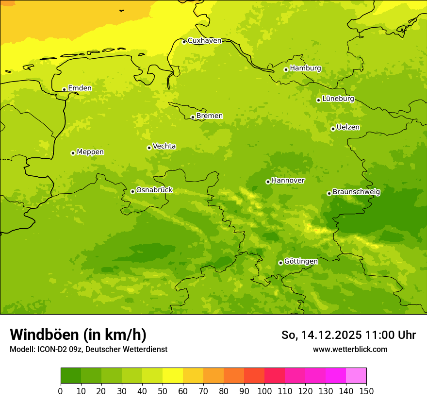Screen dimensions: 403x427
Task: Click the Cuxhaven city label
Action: click(204, 41)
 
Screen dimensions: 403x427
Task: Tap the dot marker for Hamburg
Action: click(286, 69)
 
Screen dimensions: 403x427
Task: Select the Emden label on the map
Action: click(80, 88)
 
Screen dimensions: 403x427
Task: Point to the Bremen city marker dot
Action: click(193, 117)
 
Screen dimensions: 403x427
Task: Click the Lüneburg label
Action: click(338, 99)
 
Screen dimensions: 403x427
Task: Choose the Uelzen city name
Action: click(348, 128)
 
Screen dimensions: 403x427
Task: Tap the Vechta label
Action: click(164, 146)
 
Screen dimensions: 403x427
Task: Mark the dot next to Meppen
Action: click(73, 153)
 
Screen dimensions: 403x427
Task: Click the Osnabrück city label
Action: click(154, 190)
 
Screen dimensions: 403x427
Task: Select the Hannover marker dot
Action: click(268, 182)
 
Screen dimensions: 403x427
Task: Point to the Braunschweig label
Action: click(356, 192)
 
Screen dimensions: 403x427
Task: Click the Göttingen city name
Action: click(301, 262)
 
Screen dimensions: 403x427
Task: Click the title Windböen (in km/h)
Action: click(78, 335)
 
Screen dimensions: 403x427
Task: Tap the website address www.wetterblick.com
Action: click(350, 349)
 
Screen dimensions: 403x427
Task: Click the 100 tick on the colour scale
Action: click(264, 391)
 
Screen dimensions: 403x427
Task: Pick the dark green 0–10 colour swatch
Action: click(71, 376)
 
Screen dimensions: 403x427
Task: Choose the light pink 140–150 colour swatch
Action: click(356, 376)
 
